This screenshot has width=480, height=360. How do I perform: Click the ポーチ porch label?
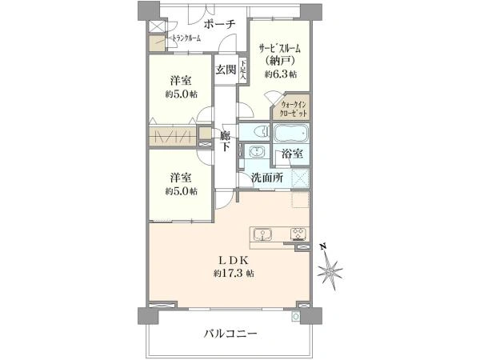point(218,25)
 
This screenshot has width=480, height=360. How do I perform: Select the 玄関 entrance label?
point(225,69)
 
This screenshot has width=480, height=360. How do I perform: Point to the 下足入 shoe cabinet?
point(242,70)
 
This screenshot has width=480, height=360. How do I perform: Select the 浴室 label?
point(291,154)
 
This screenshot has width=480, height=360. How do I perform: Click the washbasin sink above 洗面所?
point(256,153)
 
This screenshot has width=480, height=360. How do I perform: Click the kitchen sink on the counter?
point(265,234)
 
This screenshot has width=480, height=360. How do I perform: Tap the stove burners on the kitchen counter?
point(297,234)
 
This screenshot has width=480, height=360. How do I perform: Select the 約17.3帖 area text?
point(234,274)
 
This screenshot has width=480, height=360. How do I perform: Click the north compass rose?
point(330,272)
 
